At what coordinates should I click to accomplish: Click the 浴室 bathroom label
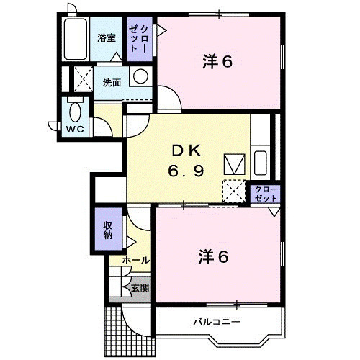click(107, 38)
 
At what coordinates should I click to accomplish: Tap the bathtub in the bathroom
click(75, 39)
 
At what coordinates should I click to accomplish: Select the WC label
click(75, 130)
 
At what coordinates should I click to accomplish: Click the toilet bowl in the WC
click(75, 112)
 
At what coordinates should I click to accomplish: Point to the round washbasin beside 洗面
click(140, 76)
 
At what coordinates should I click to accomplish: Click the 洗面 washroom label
click(112, 83)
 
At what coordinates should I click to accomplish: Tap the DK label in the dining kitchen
click(186, 151)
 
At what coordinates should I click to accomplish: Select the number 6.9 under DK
click(186, 171)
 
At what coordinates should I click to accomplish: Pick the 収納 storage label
click(108, 230)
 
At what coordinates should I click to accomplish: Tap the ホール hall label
click(136, 260)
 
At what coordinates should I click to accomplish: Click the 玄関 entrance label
click(140, 288)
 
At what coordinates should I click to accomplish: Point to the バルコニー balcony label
click(217, 321)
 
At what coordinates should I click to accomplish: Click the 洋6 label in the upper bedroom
click(217, 61)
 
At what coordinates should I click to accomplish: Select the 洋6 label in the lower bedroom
click(214, 257)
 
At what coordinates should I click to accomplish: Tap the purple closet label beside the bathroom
click(139, 38)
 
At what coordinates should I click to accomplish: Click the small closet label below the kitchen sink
click(266, 194)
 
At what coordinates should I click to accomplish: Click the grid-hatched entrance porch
click(129, 332)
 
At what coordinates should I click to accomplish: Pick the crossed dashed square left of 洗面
click(84, 79)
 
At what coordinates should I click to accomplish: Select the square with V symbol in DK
click(234, 164)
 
